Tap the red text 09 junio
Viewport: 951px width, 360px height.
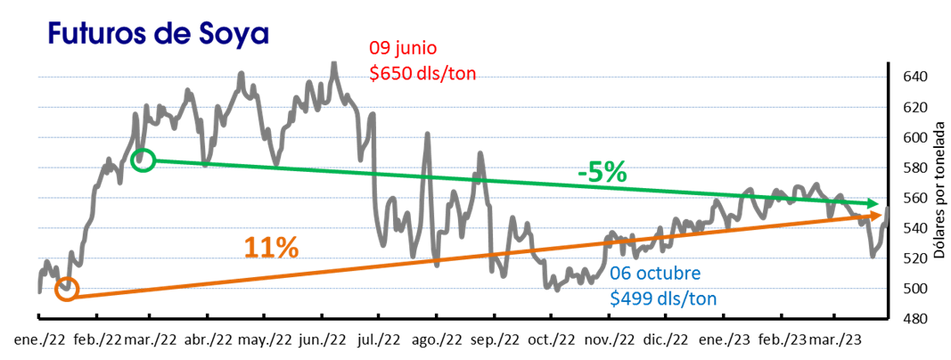pyautogui.click(x=404, y=48)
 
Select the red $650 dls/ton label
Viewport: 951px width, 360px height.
pyautogui.click(x=422, y=73)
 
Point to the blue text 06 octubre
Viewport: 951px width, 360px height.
pyautogui.click(x=656, y=273)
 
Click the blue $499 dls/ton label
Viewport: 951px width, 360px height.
pyautogui.click(x=663, y=299)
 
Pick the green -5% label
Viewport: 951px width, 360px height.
pyautogui.click(x=603, y=173)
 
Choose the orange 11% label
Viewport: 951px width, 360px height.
pyautogui.click(x=271, y=249)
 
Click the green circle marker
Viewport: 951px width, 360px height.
pyautogui.click(x=143, y=160)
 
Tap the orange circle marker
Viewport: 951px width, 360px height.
pyautogui.click(x=67, y=290)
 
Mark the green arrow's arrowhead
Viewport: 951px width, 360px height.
pyautogui.click(x=873, y=205)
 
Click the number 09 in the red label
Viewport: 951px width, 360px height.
pyautogui.click(x=380, y=48)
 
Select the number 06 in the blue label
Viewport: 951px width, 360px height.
pyautogui.click(x=621, y=273)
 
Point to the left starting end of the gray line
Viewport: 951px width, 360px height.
pyautogui.click(x=39, y=290)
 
